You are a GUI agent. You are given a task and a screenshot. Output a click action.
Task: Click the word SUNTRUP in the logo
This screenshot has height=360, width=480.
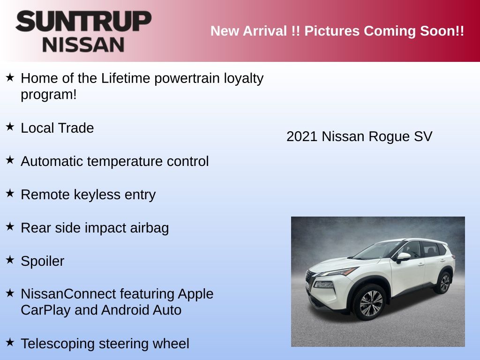[x=83, y=21]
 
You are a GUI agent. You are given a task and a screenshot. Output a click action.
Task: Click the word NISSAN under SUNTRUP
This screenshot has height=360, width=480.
[x=83, y=45]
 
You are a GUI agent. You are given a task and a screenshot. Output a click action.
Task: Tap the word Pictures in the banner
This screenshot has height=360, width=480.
[x=332, y=31]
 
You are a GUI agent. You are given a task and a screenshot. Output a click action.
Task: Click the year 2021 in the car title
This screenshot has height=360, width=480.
[x=302, y=136]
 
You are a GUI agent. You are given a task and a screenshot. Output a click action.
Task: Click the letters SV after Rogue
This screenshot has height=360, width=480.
[x=423, y=136]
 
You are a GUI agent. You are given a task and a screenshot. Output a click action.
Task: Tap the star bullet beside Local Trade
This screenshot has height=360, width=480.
[x=10, y=126]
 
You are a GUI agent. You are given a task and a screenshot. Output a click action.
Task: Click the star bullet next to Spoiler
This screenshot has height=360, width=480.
[x=10, y=260]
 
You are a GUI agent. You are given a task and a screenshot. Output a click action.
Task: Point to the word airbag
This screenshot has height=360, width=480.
[x=150, y=228]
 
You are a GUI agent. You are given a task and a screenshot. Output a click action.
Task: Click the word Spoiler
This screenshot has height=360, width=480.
[x=43, y=262]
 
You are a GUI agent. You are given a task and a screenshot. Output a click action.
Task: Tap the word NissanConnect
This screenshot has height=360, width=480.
[x=68, y=294]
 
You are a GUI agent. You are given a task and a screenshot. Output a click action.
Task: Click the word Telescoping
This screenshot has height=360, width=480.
[x=58, y=344]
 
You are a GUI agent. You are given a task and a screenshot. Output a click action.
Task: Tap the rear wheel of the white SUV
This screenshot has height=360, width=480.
[x=444, y=283]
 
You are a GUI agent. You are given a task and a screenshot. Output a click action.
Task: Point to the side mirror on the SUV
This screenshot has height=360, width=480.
[x=404, y=257]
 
